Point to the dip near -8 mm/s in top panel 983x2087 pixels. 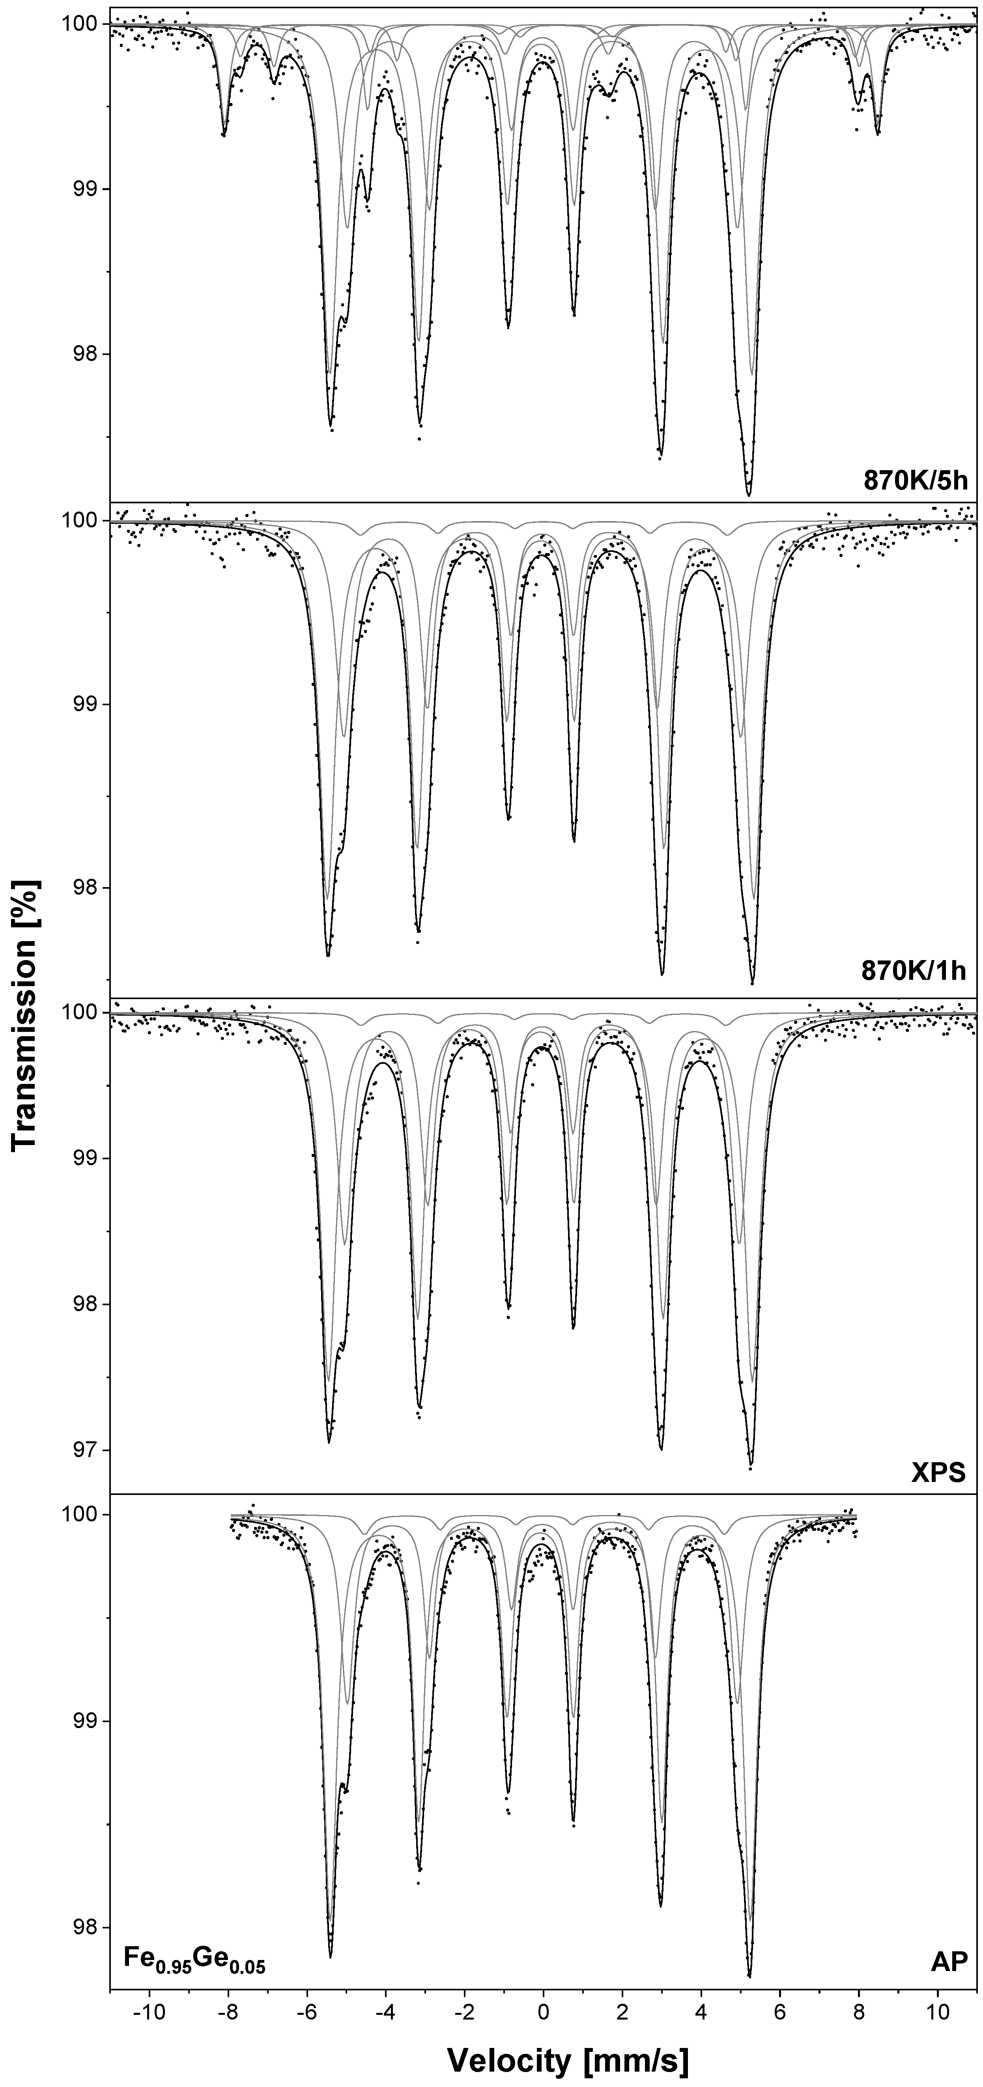224,134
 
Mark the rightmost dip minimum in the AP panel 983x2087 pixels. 749,1969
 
